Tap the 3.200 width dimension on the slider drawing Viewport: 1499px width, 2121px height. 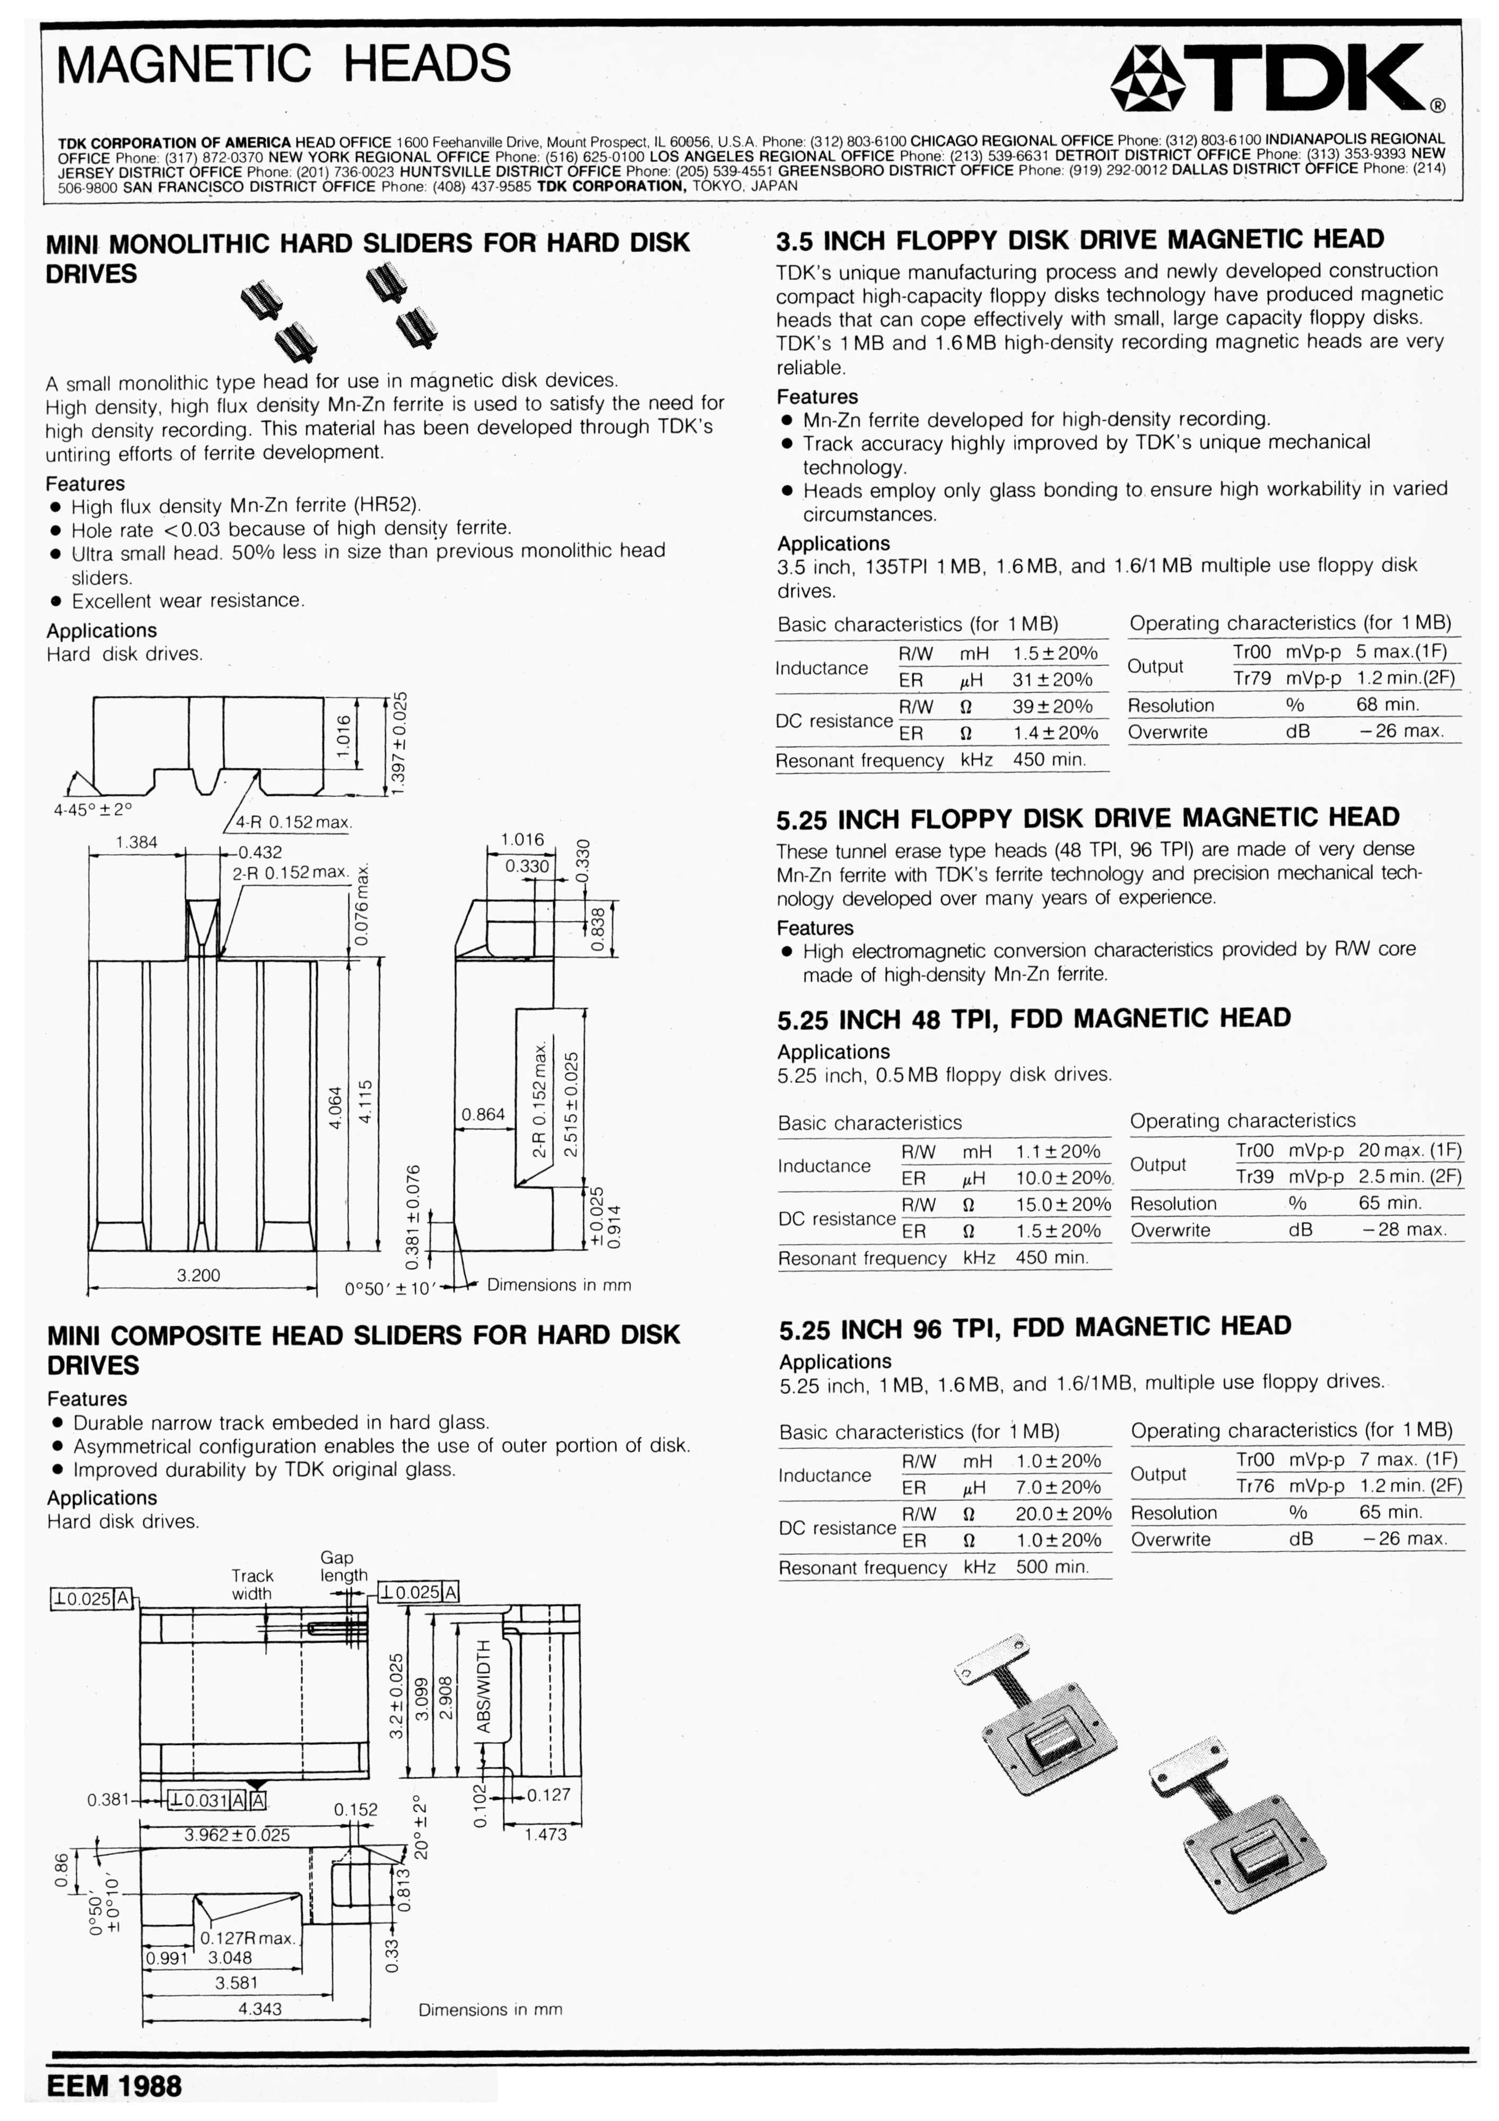click(x=198, y=1276)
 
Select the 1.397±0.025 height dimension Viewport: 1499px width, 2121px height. click(x=399, y=742)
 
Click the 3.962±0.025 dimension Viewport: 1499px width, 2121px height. click(x=237, y=1835)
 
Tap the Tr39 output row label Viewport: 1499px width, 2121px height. click(x=1254, y=1177)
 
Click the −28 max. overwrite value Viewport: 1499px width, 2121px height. click(x=1404, y=1230)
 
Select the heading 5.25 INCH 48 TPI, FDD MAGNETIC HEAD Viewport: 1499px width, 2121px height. click(x=1033, y=1019)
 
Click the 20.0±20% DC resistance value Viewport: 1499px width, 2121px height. click(x=1063, y=1514)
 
